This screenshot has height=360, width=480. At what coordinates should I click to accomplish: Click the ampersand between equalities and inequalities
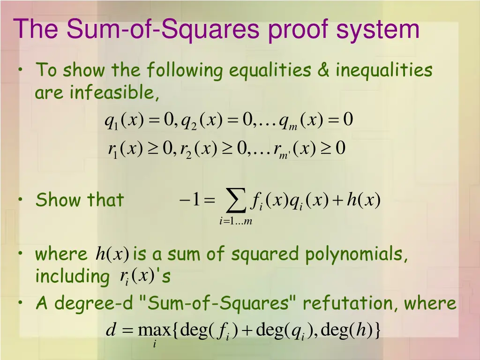[x=323, y=70]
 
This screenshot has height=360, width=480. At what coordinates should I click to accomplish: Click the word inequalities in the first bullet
[x=383, y=70]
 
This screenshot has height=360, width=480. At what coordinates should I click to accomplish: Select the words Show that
[x=80, y=200]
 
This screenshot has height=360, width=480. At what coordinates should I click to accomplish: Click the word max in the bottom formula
[x=155, y=331]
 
